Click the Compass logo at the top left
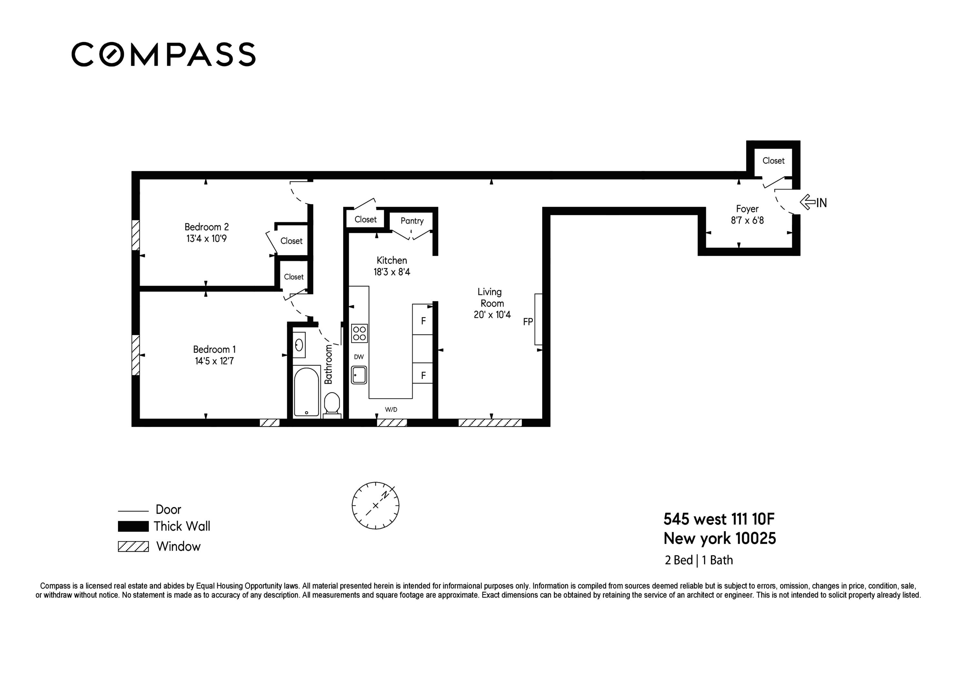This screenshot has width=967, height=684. click(x=163, y=55)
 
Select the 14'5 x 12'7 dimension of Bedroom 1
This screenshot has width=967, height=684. click(x=214, y=361)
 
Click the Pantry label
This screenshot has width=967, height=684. click(x=412, y=221)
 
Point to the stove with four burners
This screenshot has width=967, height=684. click(x=359, y=333)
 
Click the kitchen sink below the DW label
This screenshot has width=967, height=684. click(x=359, y=375)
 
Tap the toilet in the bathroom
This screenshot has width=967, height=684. click(x=332, y=404)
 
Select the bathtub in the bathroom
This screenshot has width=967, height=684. click(x=306, y=392)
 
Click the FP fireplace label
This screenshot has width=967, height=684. click(x=528, y=322)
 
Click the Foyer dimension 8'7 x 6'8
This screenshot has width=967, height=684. click(x=747, y=220)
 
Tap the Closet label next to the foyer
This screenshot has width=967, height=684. click(x=773, y=161)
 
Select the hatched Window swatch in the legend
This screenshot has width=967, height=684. click(x=133, y=547)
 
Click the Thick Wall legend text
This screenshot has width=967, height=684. click(x=181, y=526)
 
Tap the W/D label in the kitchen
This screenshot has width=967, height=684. click(x=391, y=410)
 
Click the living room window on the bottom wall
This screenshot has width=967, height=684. click(x=490, y=423)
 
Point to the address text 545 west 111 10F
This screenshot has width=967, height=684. click(x=719, y=519)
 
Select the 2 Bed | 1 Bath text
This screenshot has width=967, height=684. click(x=699, y=560)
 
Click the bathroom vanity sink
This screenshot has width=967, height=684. click(x=299, y=345)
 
